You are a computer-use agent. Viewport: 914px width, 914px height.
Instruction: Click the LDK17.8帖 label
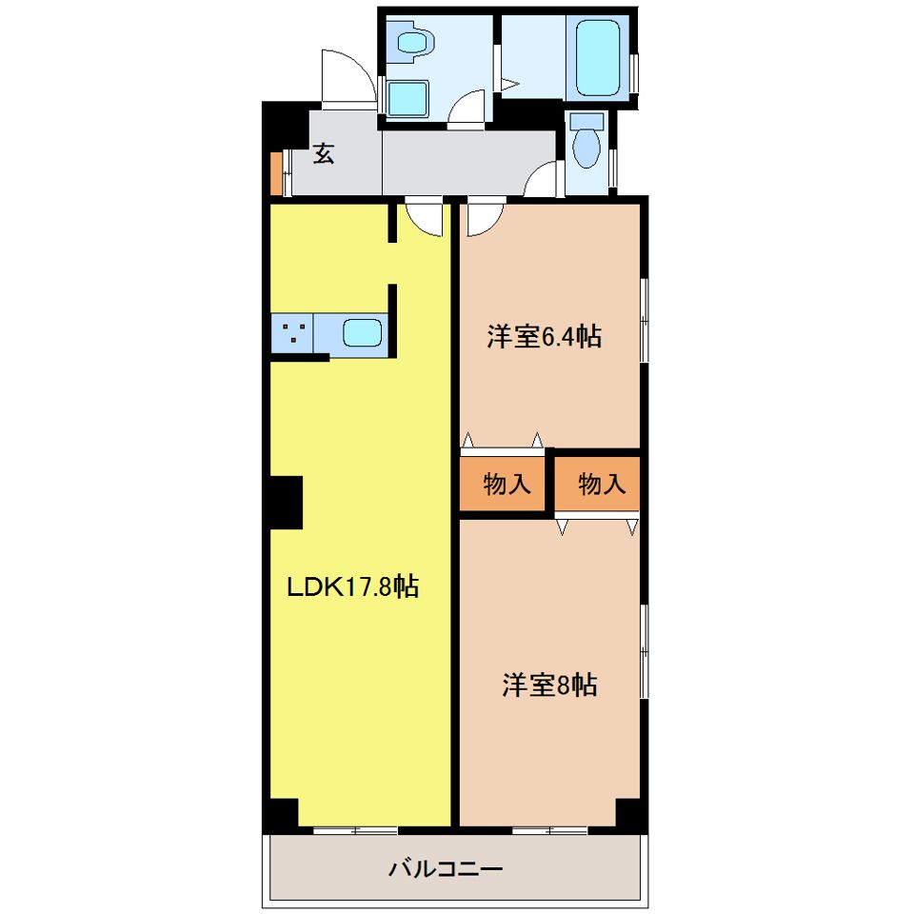[352, 586]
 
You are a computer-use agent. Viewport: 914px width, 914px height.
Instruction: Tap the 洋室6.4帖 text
[545, 336]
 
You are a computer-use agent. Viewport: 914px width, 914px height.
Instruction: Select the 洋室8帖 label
[549, 685]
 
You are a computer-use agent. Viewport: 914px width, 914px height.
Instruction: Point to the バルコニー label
[446, 869]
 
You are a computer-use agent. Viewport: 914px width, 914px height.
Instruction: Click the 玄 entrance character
[324, 153]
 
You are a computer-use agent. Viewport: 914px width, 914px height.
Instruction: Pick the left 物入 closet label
[507, 484]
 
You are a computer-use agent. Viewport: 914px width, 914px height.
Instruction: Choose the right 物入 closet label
[602, 484]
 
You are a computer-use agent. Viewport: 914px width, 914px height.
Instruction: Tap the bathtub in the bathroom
[598, 57]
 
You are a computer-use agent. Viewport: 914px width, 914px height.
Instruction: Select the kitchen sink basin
[362, 333]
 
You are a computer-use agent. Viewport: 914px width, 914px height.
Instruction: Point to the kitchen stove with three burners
[292, 334]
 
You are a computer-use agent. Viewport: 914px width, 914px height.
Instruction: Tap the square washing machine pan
[407, 98]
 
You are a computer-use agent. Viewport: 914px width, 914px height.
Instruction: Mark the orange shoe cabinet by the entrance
[276, 173]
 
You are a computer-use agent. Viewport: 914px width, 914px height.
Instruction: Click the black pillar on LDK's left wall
[287, 503]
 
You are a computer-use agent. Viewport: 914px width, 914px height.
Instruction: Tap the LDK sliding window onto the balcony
[355, 830]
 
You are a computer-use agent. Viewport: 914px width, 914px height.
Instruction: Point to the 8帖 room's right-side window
[645, 651]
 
